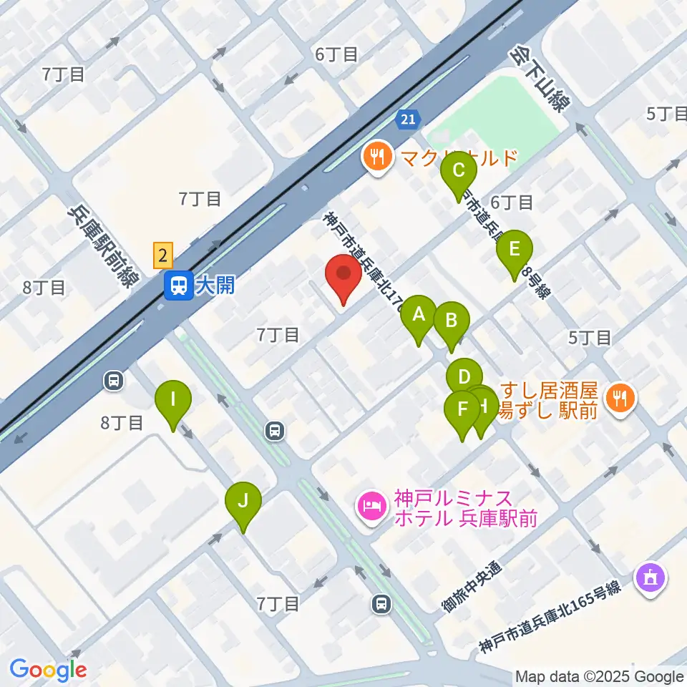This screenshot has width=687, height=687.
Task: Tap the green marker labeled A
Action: click(x=419, y=317)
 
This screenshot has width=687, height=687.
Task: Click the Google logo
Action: click(x=48, y=670)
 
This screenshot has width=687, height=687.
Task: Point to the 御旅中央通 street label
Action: click(x=472, y=586)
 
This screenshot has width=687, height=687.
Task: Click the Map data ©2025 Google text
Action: click(x=600, y=676)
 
